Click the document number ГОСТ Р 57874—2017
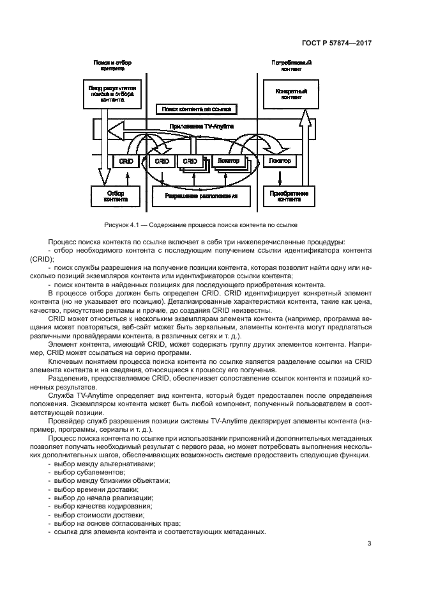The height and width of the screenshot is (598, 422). [x=336, y=43]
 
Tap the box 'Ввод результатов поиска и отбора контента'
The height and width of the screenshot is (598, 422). [x=103, y=92]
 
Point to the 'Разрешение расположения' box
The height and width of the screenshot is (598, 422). [x=201, y=196]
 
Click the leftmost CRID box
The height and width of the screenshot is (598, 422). [x=126, y=162]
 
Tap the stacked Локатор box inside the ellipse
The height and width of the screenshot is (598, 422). [x=227, y=162]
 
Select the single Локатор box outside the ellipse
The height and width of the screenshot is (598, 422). [x=276, y=162]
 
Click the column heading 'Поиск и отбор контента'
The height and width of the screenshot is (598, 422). [x=112, y=65]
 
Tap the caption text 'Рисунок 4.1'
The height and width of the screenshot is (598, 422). [x=121, y=224]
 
